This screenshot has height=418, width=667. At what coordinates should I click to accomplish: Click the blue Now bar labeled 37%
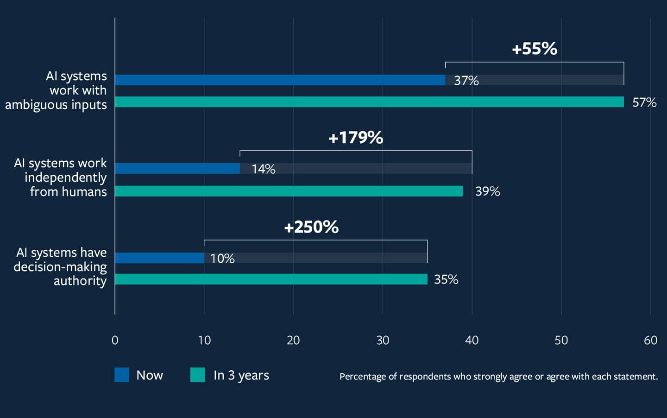[280, 80]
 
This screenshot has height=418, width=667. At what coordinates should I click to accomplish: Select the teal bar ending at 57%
[369, 102]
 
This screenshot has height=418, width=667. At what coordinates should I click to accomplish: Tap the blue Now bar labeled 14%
[177, 168]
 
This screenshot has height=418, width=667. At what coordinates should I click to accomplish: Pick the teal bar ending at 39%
[289, 191]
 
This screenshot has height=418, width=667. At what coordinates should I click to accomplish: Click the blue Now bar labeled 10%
[159, 258]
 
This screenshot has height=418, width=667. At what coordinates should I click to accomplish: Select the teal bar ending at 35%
[271, 279]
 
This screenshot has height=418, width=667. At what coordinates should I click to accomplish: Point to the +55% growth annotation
[534, 49]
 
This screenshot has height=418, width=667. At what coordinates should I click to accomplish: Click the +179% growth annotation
[355, 138]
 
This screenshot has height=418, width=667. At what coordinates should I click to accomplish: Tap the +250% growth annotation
[311, 227]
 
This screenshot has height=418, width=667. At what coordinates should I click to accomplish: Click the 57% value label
[644, 102]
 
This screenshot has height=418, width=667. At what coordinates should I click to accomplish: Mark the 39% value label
[487, 191]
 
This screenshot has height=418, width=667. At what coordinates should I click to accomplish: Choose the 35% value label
[446, 279]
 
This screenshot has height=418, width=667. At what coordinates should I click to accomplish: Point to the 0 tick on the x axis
[115, 340]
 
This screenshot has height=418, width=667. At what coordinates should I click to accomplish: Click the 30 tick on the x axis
[383, 340]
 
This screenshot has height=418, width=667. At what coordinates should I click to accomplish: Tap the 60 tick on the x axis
[650, 340]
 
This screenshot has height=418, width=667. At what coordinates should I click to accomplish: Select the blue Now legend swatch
[122, 375]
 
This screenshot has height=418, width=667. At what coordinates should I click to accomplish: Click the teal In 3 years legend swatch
[198, 375]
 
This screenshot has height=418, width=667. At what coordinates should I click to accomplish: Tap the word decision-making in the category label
[60, 267]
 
